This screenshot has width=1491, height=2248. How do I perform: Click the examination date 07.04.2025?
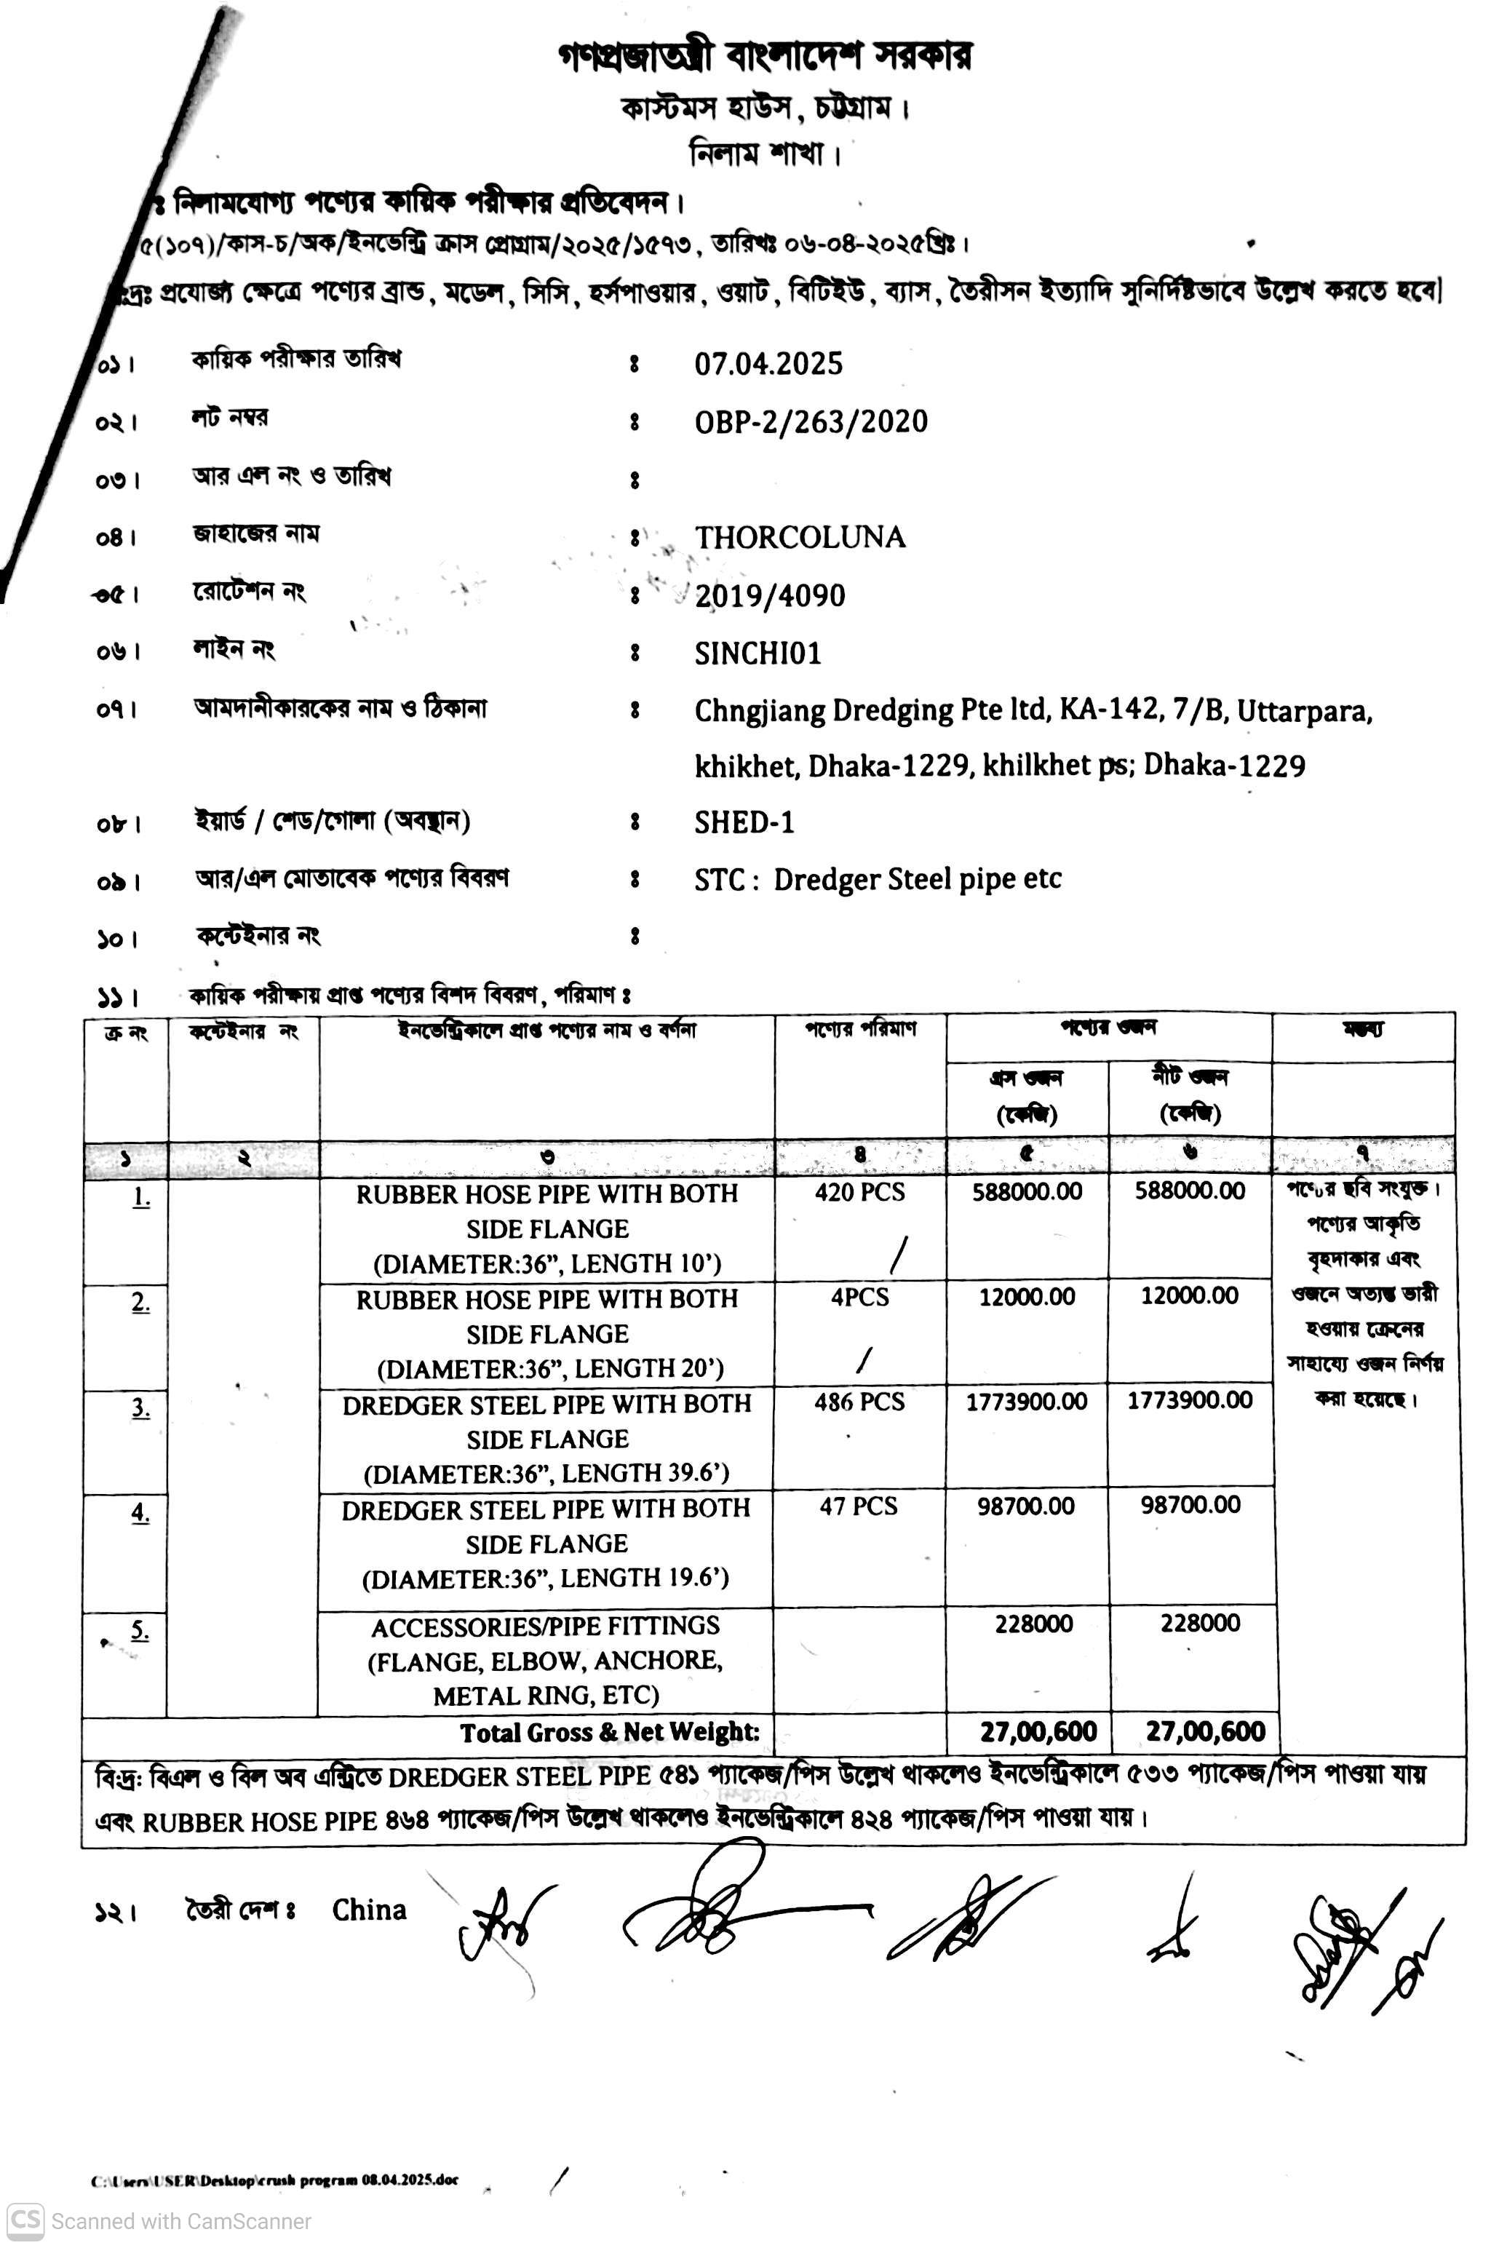[768, 364]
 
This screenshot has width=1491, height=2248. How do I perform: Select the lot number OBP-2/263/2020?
[810, 422]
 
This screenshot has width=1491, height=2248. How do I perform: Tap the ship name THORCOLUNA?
[799, 539]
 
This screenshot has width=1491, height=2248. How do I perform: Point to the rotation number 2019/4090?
[769, 596]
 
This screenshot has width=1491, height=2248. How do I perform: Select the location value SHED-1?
[744, 822]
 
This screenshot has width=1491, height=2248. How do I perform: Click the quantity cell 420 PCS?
[859, 1193]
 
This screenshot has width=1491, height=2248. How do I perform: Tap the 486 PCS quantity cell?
[859, 1402]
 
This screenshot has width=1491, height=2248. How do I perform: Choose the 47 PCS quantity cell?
[859, 1507]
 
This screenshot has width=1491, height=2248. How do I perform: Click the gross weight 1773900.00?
[1027, 1402]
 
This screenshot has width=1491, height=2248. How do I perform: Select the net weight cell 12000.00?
[1190, 1296]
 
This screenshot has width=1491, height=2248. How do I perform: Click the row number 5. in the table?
[140, 1631]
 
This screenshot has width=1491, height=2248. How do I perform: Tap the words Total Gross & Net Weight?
[610, 1733]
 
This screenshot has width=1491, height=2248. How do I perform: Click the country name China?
[369, 1910]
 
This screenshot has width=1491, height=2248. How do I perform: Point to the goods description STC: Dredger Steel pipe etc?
[877, 881]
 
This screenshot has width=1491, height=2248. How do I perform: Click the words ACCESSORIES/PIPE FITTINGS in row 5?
[545, 1628]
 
